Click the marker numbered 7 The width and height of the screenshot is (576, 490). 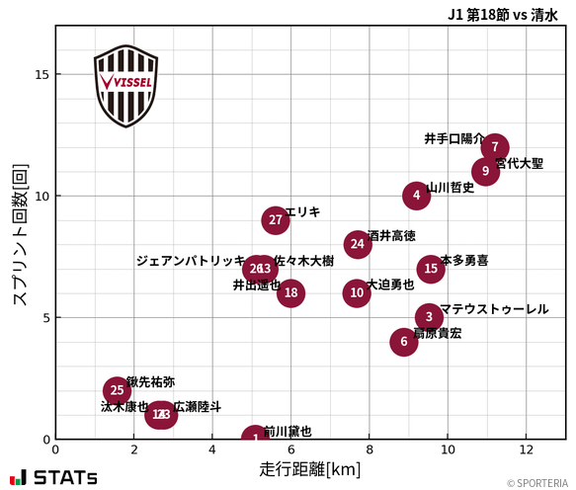click(x=495, y=147)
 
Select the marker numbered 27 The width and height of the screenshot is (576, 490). click(x=276, y=220)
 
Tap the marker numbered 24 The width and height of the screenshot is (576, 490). click(x=358, y=244)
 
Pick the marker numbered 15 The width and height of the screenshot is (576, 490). click(x=430, y=269)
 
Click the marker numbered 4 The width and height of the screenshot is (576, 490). click(x=417, y=196)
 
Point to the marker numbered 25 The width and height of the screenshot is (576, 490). click(x=118, y=390)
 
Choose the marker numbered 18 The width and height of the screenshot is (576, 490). click(x=290, y=292)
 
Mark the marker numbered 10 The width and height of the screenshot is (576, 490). click(x=357, y=293)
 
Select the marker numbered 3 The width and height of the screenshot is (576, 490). click(x=429, y=317)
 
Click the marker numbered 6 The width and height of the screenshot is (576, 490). click(x=403, y=342)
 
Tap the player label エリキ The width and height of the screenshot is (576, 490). click(x=302, y=212)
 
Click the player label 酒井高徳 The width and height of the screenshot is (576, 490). click(x=391, y=236)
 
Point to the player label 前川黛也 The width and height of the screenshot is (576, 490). click(x=288, y=432)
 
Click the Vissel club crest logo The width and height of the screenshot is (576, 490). click(x=125, y=85)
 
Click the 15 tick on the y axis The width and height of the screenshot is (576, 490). click(x=42, y=74)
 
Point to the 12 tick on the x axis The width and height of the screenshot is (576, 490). click(x=526, y=451)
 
